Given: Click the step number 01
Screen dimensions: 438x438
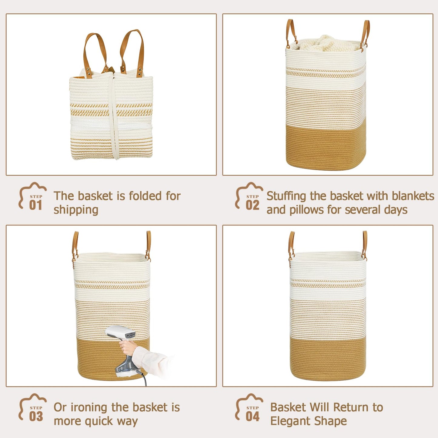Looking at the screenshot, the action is tap(35, 205).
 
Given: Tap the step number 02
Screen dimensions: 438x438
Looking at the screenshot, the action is tap(252, 205).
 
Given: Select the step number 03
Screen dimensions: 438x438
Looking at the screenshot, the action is tap(36, 416).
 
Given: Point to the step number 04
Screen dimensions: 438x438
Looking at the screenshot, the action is tap(252, 416).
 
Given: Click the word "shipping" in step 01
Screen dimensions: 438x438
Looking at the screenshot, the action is tap(76, 210).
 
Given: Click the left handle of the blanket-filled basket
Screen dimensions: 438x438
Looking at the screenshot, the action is tap(291, 34).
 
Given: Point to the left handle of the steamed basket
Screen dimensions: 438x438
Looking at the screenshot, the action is tap(75, 247).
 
